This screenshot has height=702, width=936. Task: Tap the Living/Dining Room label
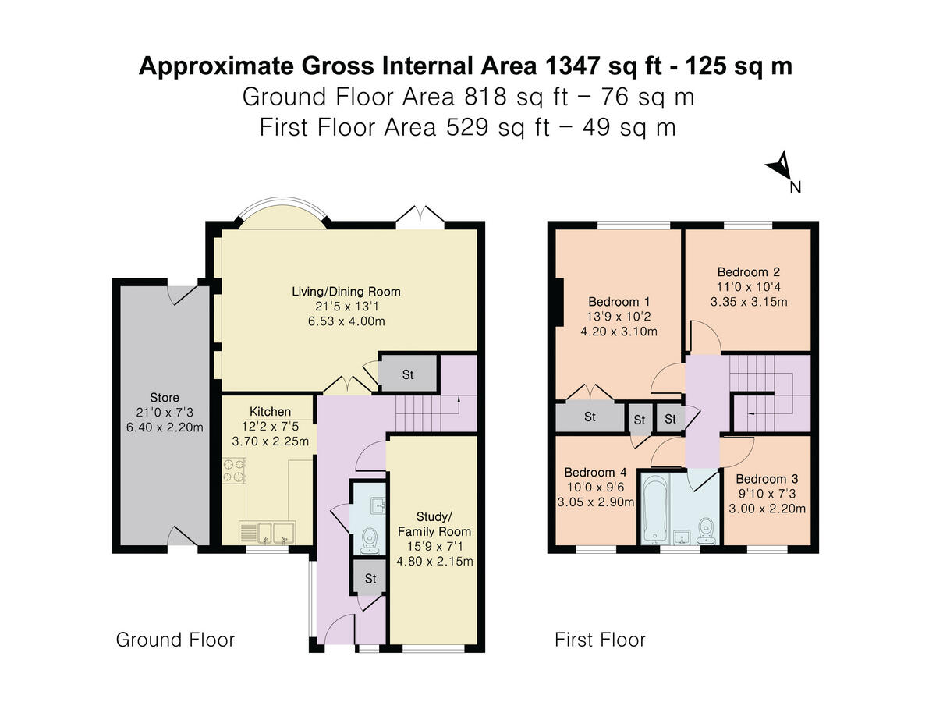pos(346,292)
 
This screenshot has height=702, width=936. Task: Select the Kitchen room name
pos(270,411)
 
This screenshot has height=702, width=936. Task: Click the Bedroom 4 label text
pos(595,472)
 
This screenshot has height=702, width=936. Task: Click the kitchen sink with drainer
pos(266,533)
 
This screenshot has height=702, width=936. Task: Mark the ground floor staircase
pos(425,413)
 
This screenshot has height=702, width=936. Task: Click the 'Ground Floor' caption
pos(175,640)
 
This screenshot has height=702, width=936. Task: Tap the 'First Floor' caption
pos(600,640)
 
